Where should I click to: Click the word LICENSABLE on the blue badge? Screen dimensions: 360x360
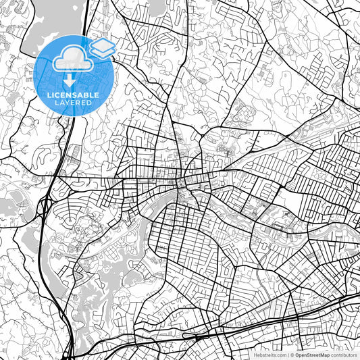74,95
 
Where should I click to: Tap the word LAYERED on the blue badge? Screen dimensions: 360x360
74,103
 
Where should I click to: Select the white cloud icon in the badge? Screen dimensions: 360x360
71,58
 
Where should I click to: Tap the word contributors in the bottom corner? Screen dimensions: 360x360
344,354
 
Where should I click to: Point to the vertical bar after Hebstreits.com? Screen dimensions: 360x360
287,354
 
